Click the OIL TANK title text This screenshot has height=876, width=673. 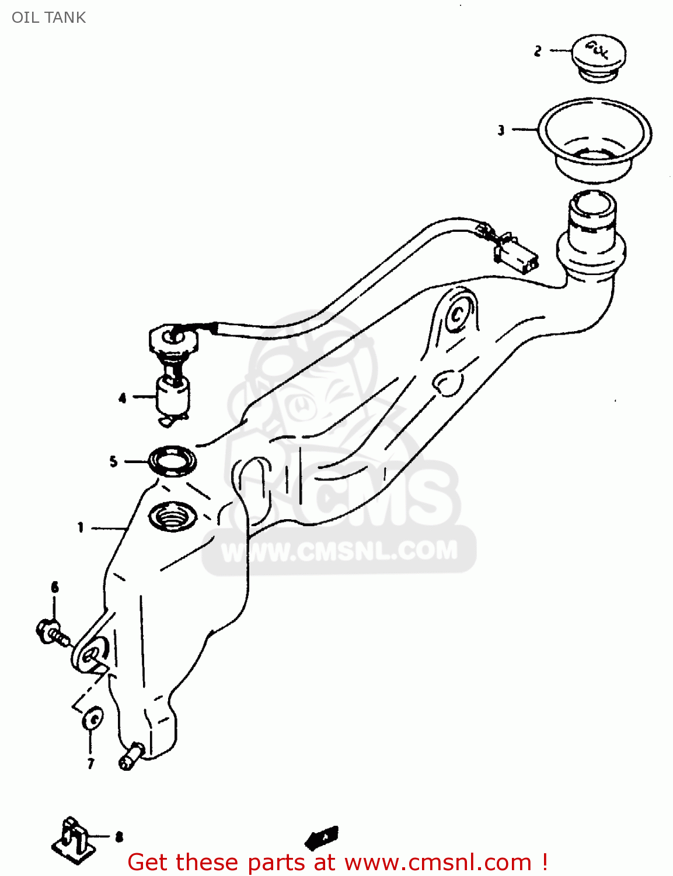click(x=48, y=18)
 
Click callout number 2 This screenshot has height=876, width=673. click(x=538, y=51)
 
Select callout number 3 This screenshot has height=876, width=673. click(x=501, y=130)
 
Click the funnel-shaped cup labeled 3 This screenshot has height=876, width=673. click(x=594, y=140)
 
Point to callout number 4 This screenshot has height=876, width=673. click(x=122, y=399)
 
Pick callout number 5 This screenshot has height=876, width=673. click(x=113, y=461)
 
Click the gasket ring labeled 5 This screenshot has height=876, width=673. click(x=172, y=460)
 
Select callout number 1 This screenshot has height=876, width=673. click(x=81, y=527)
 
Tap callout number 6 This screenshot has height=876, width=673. click(x=55, y=587)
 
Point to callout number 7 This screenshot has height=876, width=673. click(x=90, y=763)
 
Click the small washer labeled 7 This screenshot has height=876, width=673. click(x=93, y=719)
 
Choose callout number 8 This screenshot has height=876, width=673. click(x=119, y=837)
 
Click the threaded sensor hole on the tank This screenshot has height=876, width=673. click(x=172, y=515)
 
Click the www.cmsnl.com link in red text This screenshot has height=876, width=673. click(x=437, y=862)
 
